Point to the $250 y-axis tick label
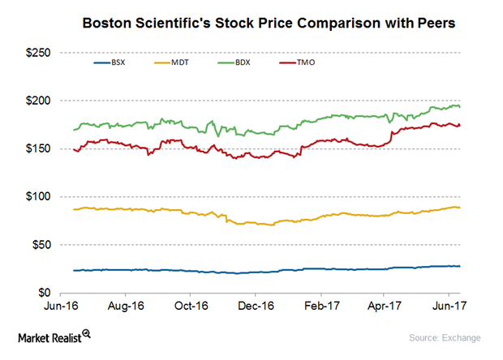click(x=39, y=53)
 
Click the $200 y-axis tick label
click(x=39, y=101)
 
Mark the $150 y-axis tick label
click(x=39, y=148)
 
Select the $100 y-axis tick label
click(x=39, y=196)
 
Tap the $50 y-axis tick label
click(x=41, y=244)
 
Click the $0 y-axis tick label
click(x=45, y=292)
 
